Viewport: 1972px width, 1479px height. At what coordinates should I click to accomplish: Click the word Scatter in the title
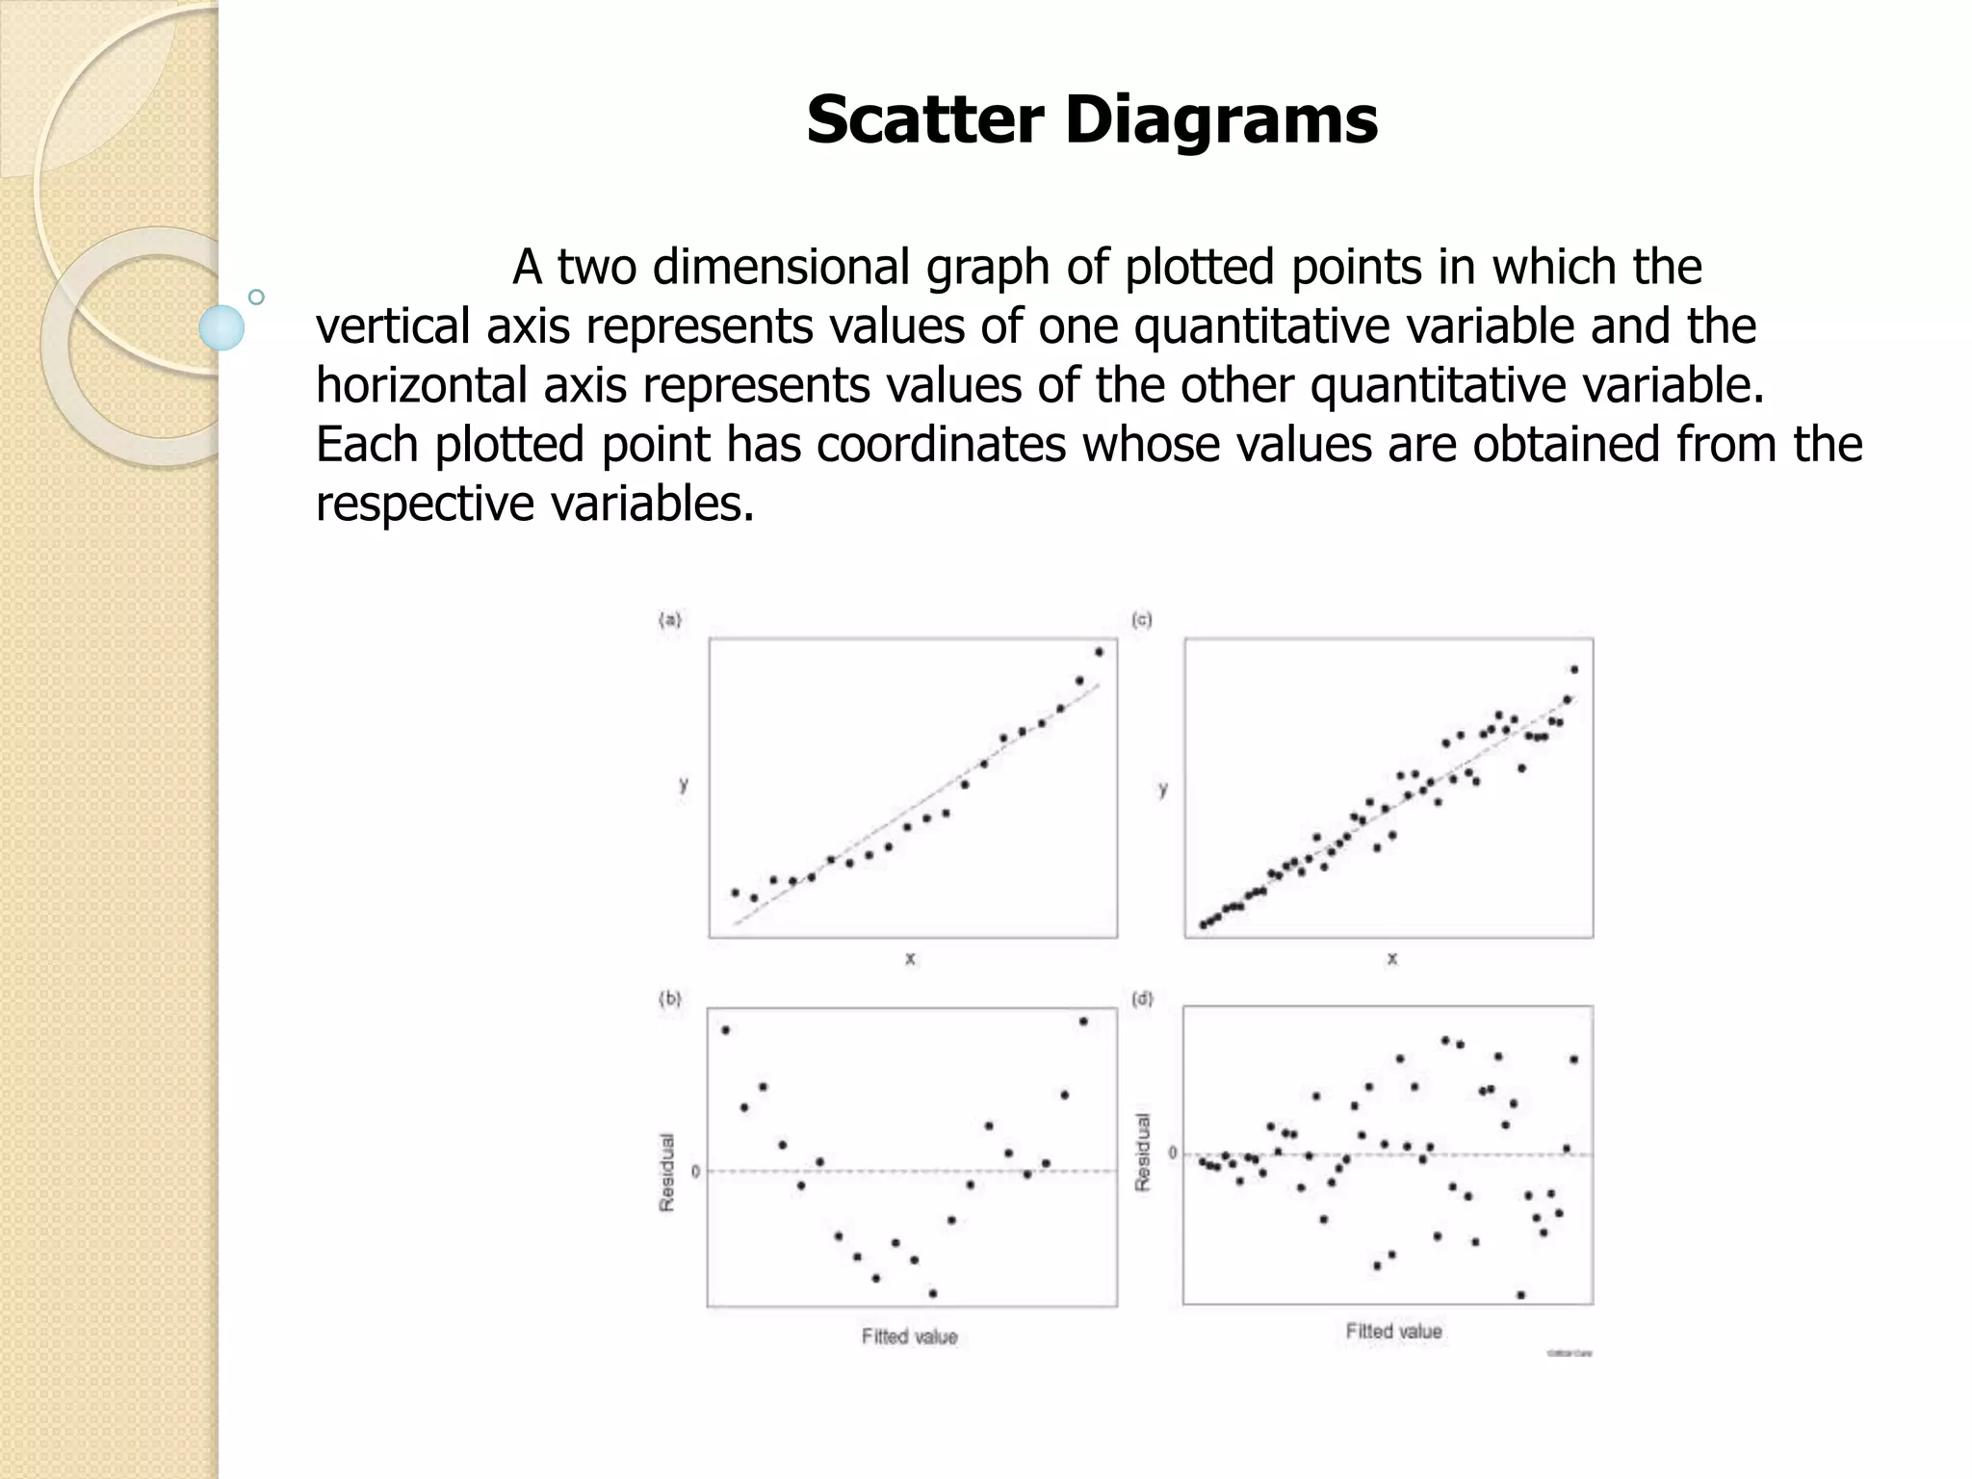click(x=924, y=120)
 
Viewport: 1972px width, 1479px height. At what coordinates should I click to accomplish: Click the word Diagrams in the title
click(x=1220, y=120)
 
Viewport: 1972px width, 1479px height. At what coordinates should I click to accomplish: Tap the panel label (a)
click(x=670, y=620)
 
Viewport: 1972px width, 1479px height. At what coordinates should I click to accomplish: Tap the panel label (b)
click(x=670, y=999)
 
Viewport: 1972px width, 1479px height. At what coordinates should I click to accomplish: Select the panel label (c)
click(x=1142, y=620)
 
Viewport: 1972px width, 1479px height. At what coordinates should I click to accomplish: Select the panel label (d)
click(x=1142, y=999)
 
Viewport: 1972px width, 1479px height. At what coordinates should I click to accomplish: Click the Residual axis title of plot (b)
click(x=666, y=1172)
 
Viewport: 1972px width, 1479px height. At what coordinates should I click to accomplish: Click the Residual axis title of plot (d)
click(x=1143, y=1152)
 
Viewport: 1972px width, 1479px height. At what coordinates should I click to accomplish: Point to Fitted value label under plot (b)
click(x=909, y=1336)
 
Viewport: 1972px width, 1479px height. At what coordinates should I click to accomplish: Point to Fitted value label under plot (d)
click(x=1393, y=1331)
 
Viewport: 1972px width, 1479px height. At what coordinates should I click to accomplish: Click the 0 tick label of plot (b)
click(x=695, y=1172)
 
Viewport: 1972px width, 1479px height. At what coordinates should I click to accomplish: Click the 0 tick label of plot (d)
click(x=1172, y=1153)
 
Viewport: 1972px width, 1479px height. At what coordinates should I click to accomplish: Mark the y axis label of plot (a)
click(x=684, y=784)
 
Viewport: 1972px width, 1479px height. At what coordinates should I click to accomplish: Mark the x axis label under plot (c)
click(x=1391, y=958)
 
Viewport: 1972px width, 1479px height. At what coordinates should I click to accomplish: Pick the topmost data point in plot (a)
click(x=1099, y=652)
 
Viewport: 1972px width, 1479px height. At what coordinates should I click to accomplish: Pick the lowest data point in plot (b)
click(x=932, y=1293)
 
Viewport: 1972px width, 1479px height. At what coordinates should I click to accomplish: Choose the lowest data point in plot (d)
click(x=1520, y=1295)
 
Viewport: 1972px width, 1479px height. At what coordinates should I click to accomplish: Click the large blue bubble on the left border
click(x=221, y=327)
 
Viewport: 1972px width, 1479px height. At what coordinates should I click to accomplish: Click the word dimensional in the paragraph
click(x=781, y=268)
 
